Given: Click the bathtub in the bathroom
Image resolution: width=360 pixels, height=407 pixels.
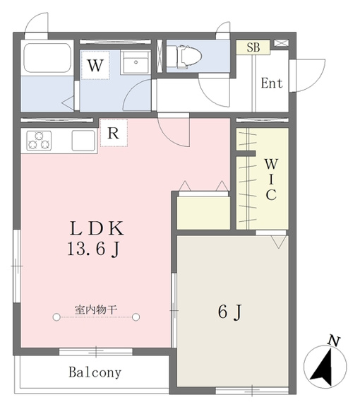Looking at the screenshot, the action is click(x=47, y=58).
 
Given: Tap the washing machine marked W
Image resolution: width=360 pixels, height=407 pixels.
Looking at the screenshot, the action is click(x=95, y=65).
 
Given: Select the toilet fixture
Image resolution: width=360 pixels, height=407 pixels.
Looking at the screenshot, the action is click(x=184, y=57).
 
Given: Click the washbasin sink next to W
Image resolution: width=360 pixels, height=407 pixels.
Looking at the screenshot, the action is click(x=136, y=62).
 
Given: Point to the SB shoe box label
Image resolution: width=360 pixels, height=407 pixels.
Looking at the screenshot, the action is click(x=253, y=47).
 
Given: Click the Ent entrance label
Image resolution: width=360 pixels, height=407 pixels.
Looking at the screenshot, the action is click(x=272, y=83).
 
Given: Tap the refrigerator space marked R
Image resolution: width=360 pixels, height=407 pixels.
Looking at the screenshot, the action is click(x=114, y=133).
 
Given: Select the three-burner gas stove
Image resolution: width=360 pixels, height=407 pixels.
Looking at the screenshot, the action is click(x=39, y=141).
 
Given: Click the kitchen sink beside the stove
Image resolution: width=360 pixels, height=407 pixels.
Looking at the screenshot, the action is click(x=83, y=141).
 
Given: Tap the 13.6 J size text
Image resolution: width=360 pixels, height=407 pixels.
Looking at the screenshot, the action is click(x=94, y=249).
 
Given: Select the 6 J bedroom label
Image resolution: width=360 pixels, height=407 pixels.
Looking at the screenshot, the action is click(x=230, y=312).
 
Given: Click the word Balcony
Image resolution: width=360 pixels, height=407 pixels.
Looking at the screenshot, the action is click(x=95, y=373).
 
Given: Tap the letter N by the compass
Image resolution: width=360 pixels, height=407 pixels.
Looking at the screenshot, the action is click(x=334, y=341).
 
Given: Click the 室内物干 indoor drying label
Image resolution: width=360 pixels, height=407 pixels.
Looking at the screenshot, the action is click(x=96, y=309).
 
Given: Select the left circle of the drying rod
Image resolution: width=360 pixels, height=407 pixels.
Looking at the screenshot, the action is click(x=56, y=317).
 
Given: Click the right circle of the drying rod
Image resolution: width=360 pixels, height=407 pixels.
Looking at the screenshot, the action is click(x=136, y=317).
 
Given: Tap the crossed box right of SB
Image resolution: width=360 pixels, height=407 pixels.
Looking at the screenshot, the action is click(x=282, y=43).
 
